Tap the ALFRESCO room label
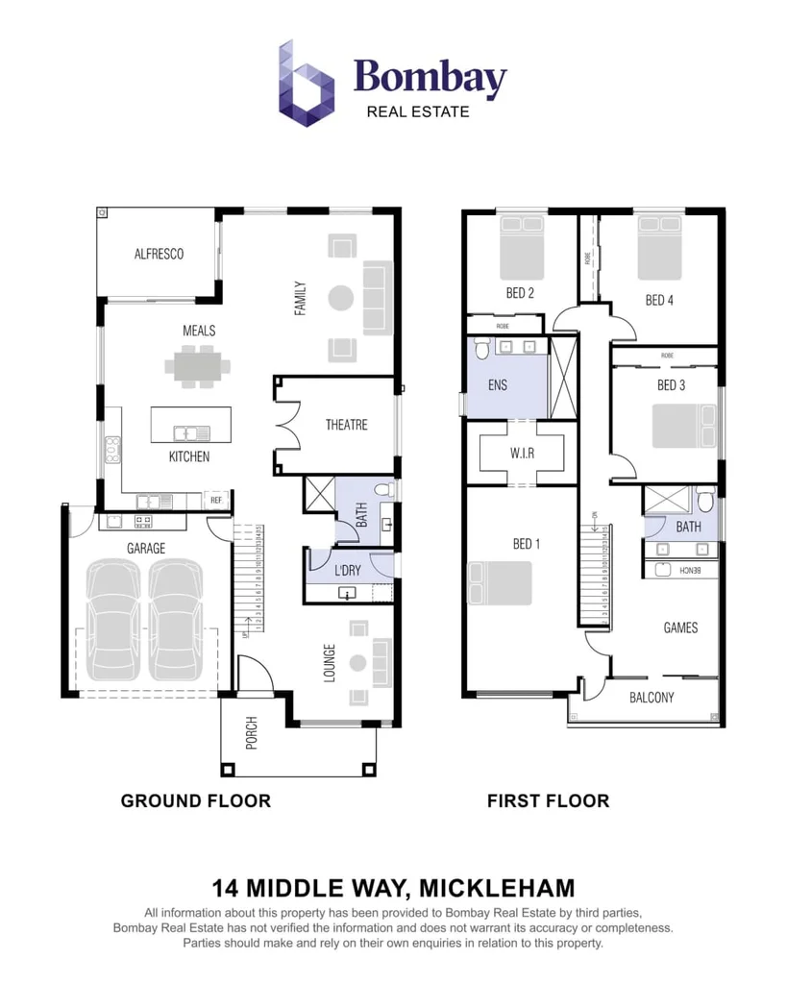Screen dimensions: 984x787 click(x=159, y=254)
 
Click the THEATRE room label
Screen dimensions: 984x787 click(x=346, y=425)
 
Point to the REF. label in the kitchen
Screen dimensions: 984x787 click(x=217, y=501)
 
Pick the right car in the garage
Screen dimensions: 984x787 click(x=175, y=620)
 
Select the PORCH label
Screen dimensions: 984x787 click(x=252, y=732)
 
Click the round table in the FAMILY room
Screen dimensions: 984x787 click(x=342, y=298)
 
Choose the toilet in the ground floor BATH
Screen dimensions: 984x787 click(x=384, y=492)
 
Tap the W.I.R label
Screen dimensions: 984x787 click(x=522, y=453)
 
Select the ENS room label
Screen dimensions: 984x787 click(x=497, y=385)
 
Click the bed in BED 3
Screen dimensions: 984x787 click(x=683, y=425)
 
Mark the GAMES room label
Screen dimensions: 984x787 click(x=680, y=627)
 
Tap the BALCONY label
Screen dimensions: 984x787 click(x=652, y=698)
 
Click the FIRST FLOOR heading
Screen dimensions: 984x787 click(x=548, y=800)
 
